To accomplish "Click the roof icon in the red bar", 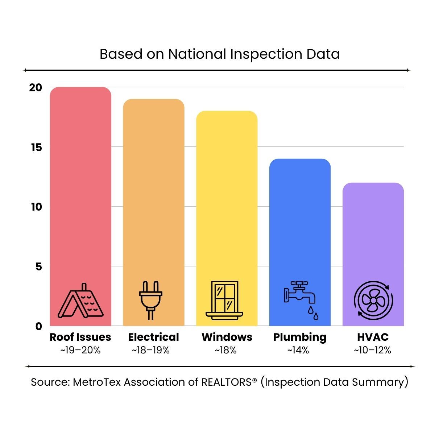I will [80, 301].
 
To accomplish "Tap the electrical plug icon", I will [151, 301].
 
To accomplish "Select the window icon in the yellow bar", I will [225, 300].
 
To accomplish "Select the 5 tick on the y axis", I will [38, 267].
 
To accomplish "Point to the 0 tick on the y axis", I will [38, 326].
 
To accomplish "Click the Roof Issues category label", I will [80, 337].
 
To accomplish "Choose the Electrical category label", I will [153, 337].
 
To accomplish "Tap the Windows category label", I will [227, 337].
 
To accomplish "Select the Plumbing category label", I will [300, 337].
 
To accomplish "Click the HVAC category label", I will [373, 337].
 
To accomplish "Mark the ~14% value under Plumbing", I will [298, 350].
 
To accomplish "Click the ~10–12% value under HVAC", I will [373, 350].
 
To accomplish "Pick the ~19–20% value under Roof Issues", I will [80, 350].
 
